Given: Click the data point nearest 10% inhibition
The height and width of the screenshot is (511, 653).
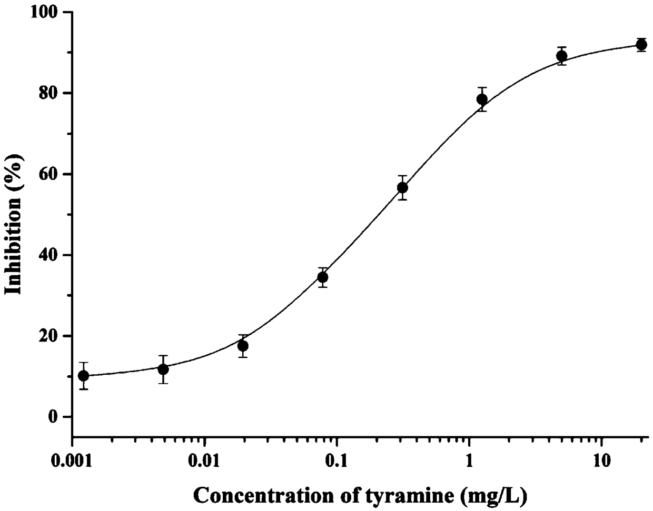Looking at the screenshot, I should pyautogui.click(x=83, y=376).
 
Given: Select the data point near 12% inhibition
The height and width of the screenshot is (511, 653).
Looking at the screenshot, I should pyautogui.click(x=163, y=369).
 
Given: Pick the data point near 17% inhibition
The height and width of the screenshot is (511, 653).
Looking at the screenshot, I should pyautogui.click(x=243, y=346).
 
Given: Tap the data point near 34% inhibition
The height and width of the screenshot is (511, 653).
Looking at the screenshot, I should pyautogui.click(x=323, y=277).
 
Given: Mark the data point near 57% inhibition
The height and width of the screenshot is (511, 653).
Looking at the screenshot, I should pyautogui.click(x=402, y=187).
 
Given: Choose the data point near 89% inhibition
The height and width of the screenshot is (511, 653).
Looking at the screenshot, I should pyautogui.click(x=562, y=56).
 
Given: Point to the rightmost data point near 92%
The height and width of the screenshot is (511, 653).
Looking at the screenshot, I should pyautogui.click(x=641, y=45).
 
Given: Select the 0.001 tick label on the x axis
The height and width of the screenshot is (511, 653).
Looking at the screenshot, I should pyautogui.click(x=73, y=462).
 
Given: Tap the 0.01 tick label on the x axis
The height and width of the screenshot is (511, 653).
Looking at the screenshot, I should pyautogui.click(x=205, y=462).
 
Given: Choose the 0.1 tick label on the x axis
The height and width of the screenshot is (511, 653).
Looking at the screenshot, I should pyautogui.click(x=337, y=462).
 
